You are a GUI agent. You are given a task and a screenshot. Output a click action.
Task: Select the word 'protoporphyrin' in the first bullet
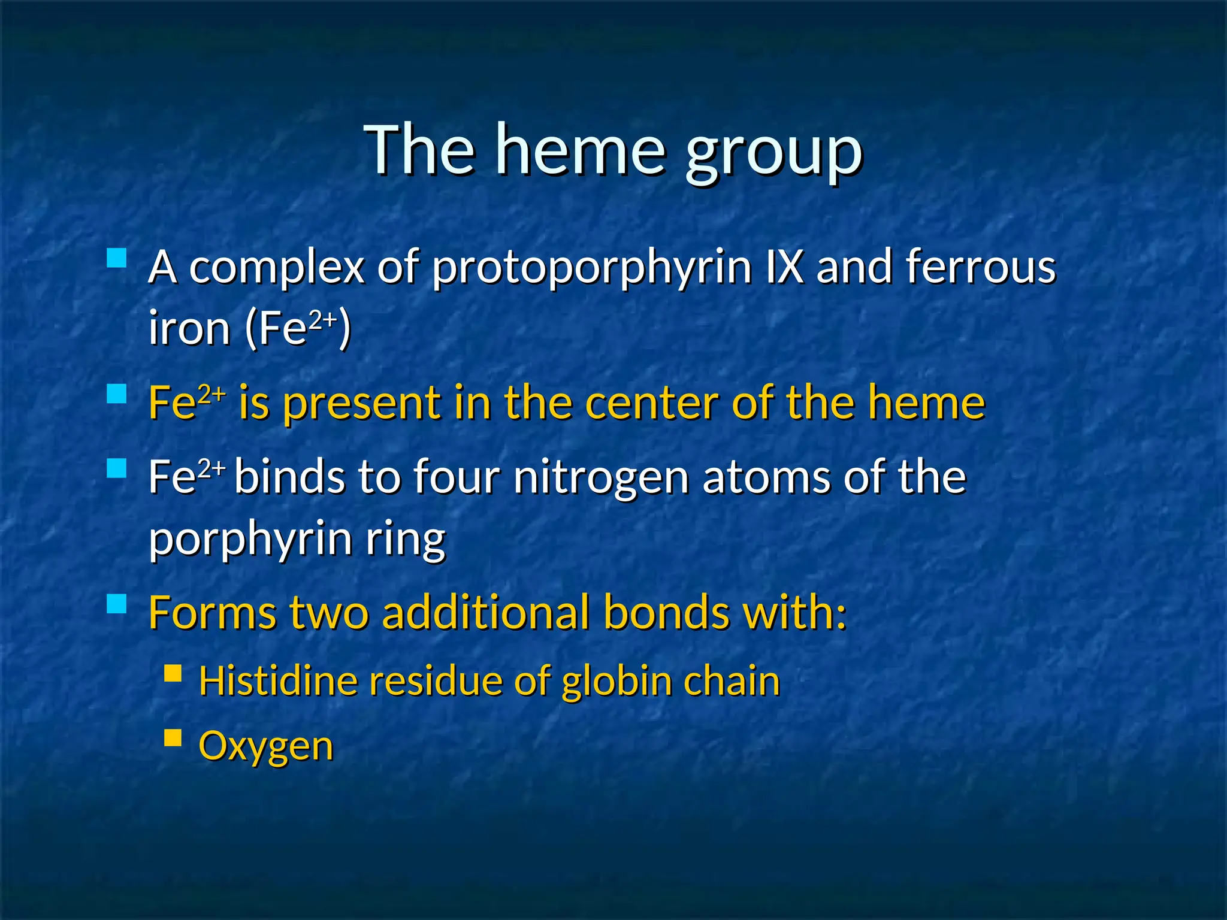pyautogui.click(x=592, y=268)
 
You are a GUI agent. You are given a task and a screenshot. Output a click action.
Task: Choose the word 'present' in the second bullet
pyautogui.click(x=361, y=404)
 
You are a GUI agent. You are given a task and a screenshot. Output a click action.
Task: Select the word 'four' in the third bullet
pyautogui.click(x=456, y=477)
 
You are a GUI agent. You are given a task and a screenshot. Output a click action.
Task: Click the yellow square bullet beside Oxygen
pyautogui.click(x=173, y=737)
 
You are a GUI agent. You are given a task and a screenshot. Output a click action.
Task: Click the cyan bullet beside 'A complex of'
pyautogui.click(x=117, y=258)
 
